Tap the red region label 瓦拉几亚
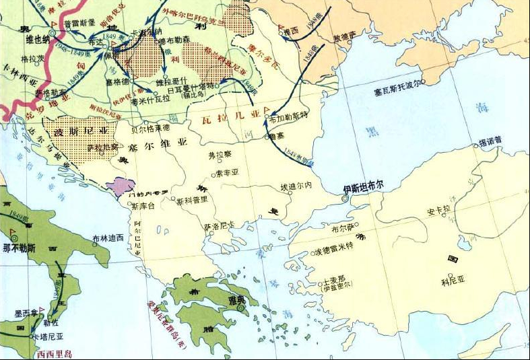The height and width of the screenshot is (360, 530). click(x=231, y=117)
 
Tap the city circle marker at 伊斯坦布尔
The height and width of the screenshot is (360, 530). click(x=344, y=199)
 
